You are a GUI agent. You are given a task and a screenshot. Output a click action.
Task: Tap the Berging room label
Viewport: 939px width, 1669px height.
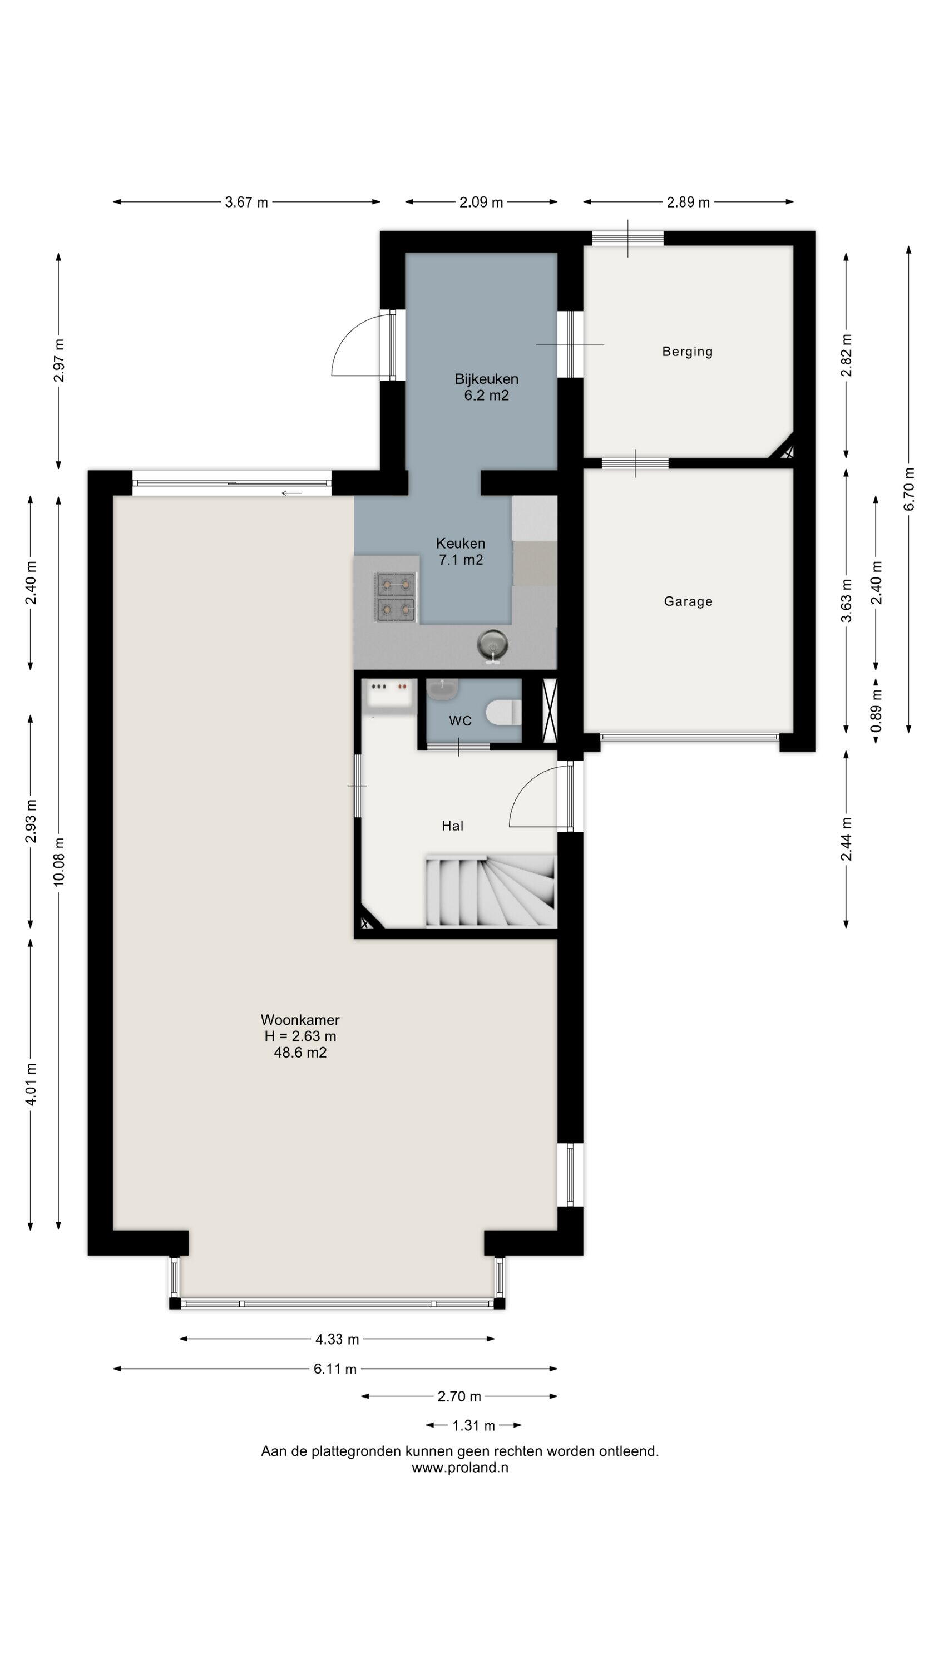click(687, 352)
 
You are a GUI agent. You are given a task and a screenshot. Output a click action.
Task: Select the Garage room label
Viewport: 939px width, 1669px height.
click(688, 601)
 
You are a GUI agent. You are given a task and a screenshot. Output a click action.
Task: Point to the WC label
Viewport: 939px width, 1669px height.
click(460, 721)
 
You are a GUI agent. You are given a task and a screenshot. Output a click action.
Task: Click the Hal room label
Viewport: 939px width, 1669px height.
click(452, 826)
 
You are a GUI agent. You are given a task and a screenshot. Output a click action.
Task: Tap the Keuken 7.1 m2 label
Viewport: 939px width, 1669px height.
click(460, 551)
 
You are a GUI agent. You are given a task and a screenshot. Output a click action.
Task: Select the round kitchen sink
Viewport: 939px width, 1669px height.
click(492, 645)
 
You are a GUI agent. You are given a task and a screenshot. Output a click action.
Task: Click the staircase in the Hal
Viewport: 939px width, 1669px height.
click(491, 891)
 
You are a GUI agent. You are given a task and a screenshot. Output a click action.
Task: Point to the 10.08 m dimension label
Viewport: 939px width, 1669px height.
click(59, 862)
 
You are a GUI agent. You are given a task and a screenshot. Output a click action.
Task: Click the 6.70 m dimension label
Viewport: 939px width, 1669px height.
click(908, 489)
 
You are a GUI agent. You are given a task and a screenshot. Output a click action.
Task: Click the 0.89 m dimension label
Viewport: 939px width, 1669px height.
click(876, 712)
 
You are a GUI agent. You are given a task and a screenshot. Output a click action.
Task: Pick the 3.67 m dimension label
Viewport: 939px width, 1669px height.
click(246, 202)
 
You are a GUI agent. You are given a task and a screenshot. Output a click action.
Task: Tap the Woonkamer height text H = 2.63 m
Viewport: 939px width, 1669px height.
click(300, 1036)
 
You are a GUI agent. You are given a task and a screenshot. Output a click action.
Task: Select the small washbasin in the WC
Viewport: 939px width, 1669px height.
click(443, 689)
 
